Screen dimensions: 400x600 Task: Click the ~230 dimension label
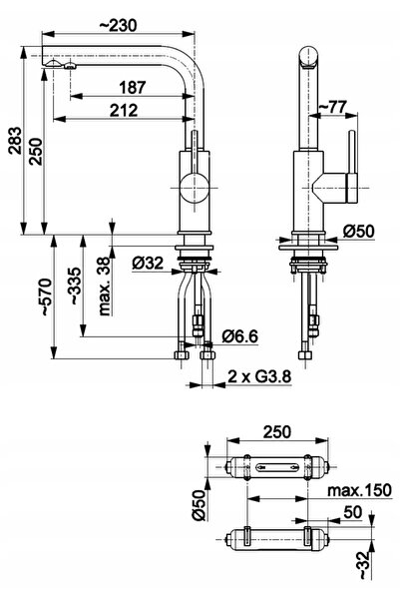[x=118, y=26]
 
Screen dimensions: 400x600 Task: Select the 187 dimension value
[x=133, y=88]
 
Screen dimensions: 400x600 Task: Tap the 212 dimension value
[x=124, y=111]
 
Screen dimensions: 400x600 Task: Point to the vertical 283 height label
[x=16, y=141]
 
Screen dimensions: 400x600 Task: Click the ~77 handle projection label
[x=332, y=107]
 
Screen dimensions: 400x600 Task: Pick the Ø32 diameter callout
[x=148, y=263]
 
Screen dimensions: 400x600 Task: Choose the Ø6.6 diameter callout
[x=240, y=336]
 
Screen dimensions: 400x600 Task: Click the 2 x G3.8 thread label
[x=259, y=376]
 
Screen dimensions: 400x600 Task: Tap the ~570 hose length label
[x=45, y=298]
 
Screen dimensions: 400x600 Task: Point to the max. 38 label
[x=104, y=287]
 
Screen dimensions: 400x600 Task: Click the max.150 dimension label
[x=360, y=490]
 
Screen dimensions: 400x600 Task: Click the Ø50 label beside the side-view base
[x=359, y=232]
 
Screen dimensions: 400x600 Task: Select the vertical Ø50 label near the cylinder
[x=199, y=505]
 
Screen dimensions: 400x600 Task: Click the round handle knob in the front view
[x=195, y=188]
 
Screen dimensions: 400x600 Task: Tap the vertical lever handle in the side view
[x=352, y=166]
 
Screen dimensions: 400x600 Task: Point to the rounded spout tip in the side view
[x=309, y=57]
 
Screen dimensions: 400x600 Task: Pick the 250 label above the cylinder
[x=277, y=432]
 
